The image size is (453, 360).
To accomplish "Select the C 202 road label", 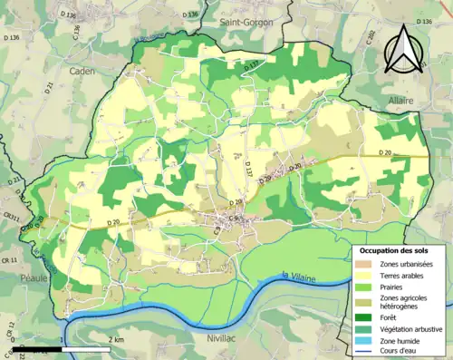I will click(x=371, y=39).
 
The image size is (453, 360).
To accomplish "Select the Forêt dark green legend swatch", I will click(x=368, y=316).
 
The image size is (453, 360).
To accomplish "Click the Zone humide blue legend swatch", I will click(x=368, y=340).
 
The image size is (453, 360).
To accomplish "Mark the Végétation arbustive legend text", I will click(x=416, y=328).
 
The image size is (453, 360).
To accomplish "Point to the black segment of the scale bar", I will click(x=37, y=348).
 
